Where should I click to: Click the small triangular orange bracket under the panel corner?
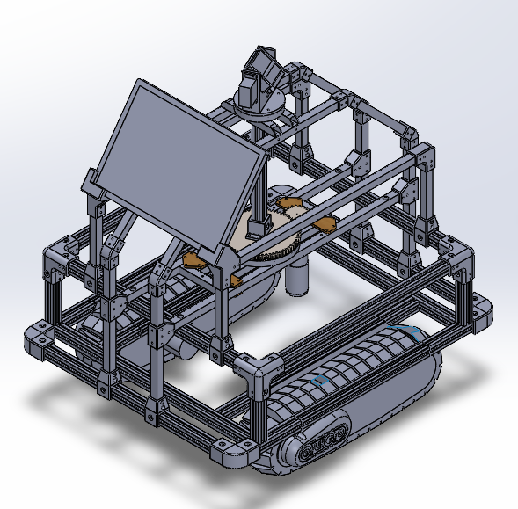195,260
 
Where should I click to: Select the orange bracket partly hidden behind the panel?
284,207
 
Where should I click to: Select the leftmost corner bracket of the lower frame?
40,339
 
